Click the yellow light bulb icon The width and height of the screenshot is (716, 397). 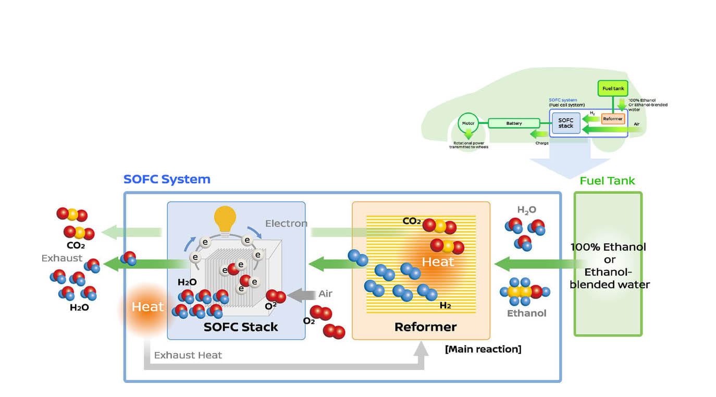(225, 220)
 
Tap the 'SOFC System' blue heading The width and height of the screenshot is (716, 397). (167, 179)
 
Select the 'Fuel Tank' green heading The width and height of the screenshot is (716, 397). (607, 181)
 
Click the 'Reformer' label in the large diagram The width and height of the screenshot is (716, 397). (425, 327)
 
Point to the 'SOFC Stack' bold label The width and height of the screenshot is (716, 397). (241, 327)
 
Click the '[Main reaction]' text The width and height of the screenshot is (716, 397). (483, 349)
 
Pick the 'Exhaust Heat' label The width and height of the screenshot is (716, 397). (188, 355)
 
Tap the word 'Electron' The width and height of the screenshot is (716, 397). (286, 224)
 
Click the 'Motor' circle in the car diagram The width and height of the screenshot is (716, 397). (468, 124)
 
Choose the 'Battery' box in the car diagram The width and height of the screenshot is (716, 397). (514, 123)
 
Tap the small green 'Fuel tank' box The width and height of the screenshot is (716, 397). (613, 89)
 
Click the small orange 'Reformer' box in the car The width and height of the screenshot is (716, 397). (613, 119)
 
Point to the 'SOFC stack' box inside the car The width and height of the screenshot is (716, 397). (565, 123)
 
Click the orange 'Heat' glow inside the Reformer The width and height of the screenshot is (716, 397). (437, 262)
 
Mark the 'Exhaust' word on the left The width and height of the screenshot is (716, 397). (61, 258)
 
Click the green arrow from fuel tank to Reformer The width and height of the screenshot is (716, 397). (526, 264)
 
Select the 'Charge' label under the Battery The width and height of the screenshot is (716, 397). (542, 143)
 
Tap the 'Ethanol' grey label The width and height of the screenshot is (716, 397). (526, 313)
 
